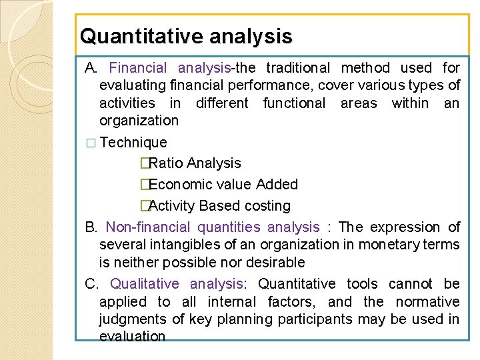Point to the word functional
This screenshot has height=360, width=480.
294,103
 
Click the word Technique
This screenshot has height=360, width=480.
133,142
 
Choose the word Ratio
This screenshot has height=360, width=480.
167,163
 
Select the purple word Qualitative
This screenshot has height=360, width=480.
144,284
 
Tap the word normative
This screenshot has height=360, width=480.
431,301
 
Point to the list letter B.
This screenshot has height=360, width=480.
91,227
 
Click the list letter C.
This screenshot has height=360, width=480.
91,284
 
